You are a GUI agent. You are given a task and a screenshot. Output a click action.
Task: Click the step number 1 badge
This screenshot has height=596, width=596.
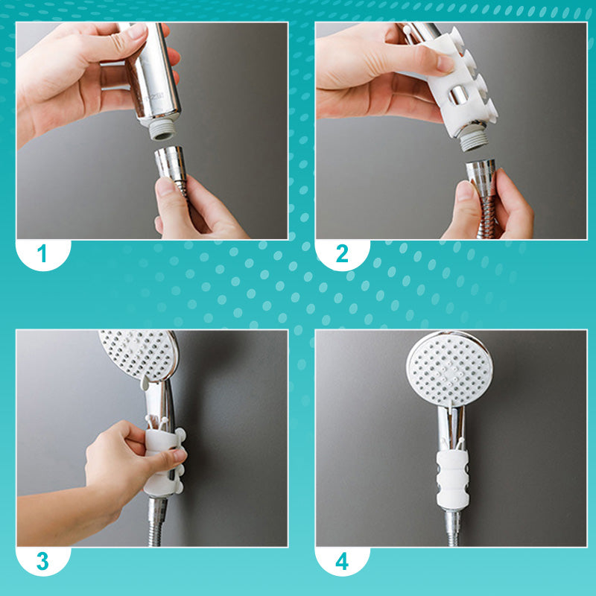tap(42, 253)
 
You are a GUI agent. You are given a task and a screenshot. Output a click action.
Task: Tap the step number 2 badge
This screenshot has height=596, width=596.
tap(342, 253)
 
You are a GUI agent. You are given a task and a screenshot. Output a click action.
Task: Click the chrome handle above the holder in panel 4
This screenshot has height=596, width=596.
tap(451, 425)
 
